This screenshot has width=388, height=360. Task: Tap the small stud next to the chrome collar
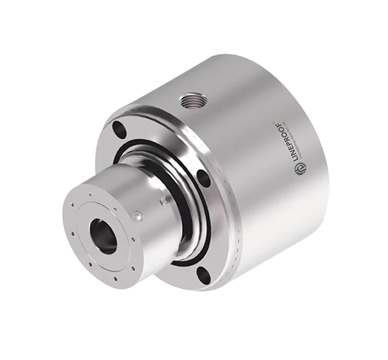pos(165,201)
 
